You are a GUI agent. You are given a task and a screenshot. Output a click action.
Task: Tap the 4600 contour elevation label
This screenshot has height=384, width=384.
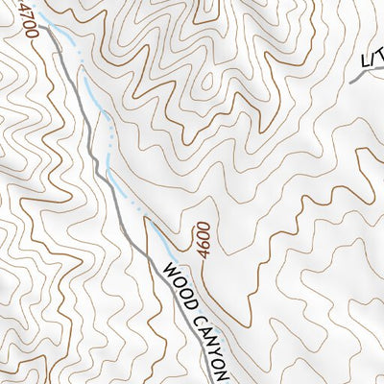tap(203, 236)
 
